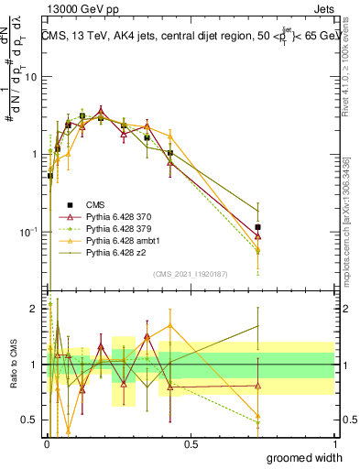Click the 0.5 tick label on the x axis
pos(191,443)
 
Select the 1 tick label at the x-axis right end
pos(333,443)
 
